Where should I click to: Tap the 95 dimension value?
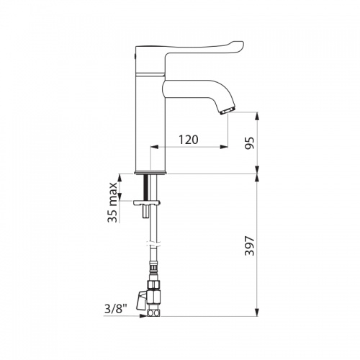(248, 143)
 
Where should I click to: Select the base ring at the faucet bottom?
(150, 173)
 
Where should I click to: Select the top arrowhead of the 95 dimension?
(257, 116)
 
